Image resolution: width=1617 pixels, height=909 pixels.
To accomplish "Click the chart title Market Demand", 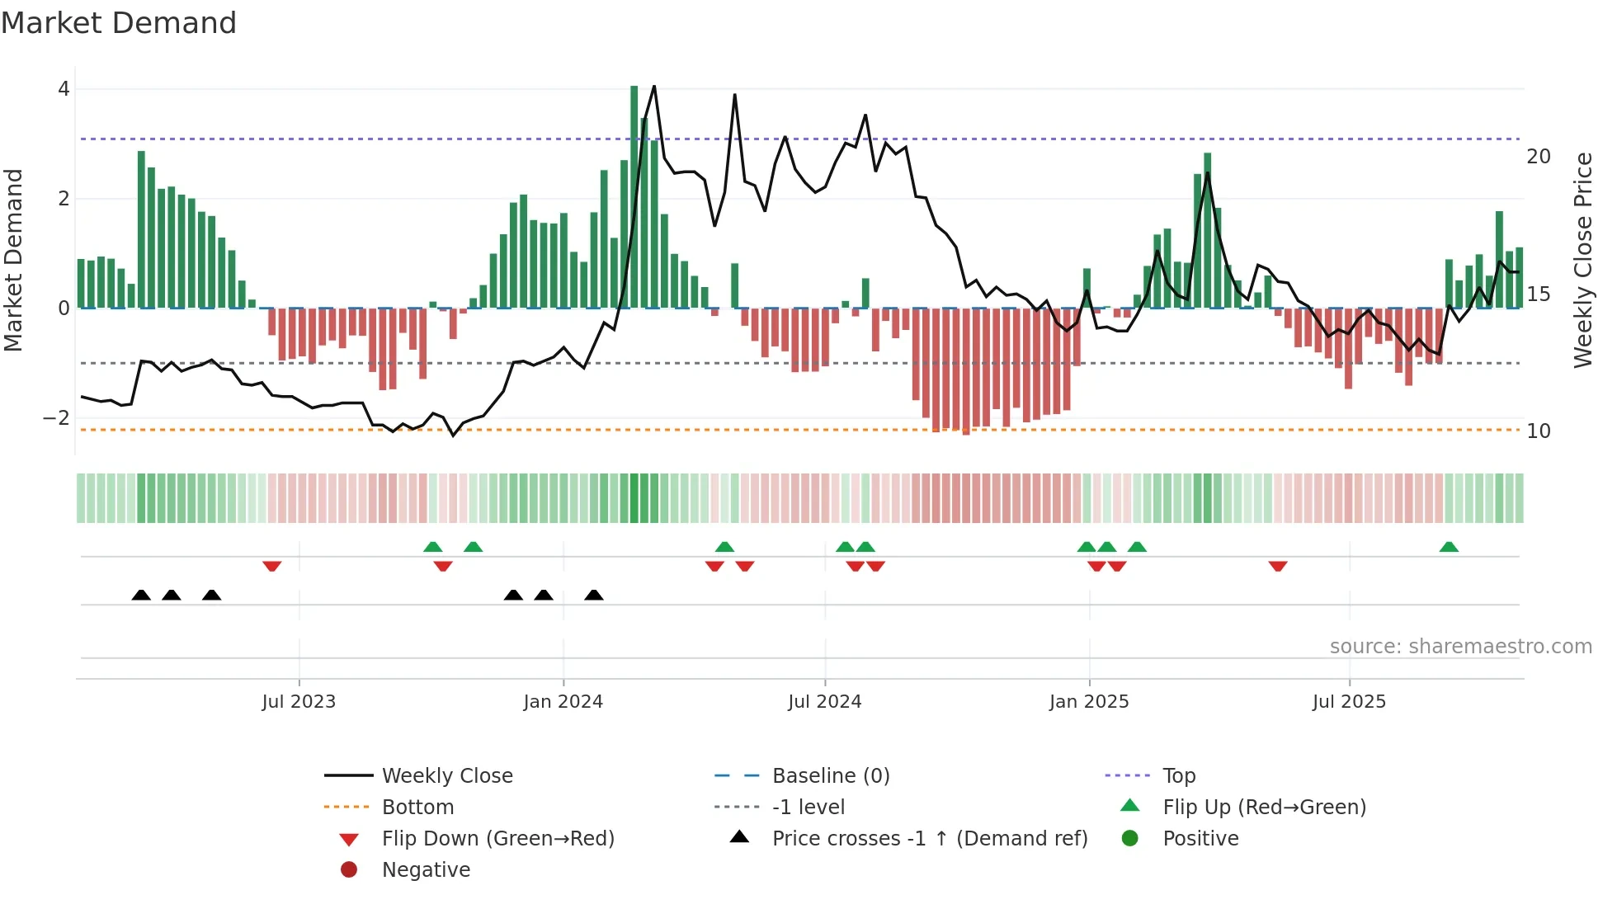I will pos(119,23).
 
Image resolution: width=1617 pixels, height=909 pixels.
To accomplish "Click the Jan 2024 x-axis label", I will pos(563,702).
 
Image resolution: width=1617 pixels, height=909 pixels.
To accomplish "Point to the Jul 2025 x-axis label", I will pos(1349,702).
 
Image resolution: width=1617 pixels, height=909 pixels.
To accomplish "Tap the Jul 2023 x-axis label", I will pos(299,702).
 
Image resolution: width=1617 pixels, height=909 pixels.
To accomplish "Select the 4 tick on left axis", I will pos(64,89).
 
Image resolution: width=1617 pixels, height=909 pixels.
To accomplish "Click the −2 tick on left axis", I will pos(57,418).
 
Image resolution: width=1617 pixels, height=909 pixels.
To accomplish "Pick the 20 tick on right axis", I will pos(1538,157).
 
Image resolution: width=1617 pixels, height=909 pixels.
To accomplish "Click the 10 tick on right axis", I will pos(1538,431).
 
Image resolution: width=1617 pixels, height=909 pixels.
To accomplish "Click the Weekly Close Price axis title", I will pos(1582,260).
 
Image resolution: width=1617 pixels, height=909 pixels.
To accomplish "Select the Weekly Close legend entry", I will pos(446,776).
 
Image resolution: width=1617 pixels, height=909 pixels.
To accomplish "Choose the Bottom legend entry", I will pos(417,808).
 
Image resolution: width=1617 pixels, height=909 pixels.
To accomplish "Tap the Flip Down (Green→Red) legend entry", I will pos(497,839).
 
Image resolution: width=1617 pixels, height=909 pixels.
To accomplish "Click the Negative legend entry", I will pos(426,870).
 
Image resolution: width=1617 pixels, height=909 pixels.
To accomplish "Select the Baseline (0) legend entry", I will pos(830,776).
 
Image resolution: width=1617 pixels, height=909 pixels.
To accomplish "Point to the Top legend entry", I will pos(1178,776).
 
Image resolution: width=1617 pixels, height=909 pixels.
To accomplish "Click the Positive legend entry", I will pos(1200,839).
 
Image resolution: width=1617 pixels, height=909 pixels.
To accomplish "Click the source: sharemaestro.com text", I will pos(1460,647).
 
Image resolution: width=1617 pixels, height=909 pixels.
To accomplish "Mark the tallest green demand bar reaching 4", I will pos(634,198).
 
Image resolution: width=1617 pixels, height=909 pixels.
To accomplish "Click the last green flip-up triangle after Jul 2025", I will pos(1449,547).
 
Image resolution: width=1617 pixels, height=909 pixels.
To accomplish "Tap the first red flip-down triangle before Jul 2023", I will pos(272,566).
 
